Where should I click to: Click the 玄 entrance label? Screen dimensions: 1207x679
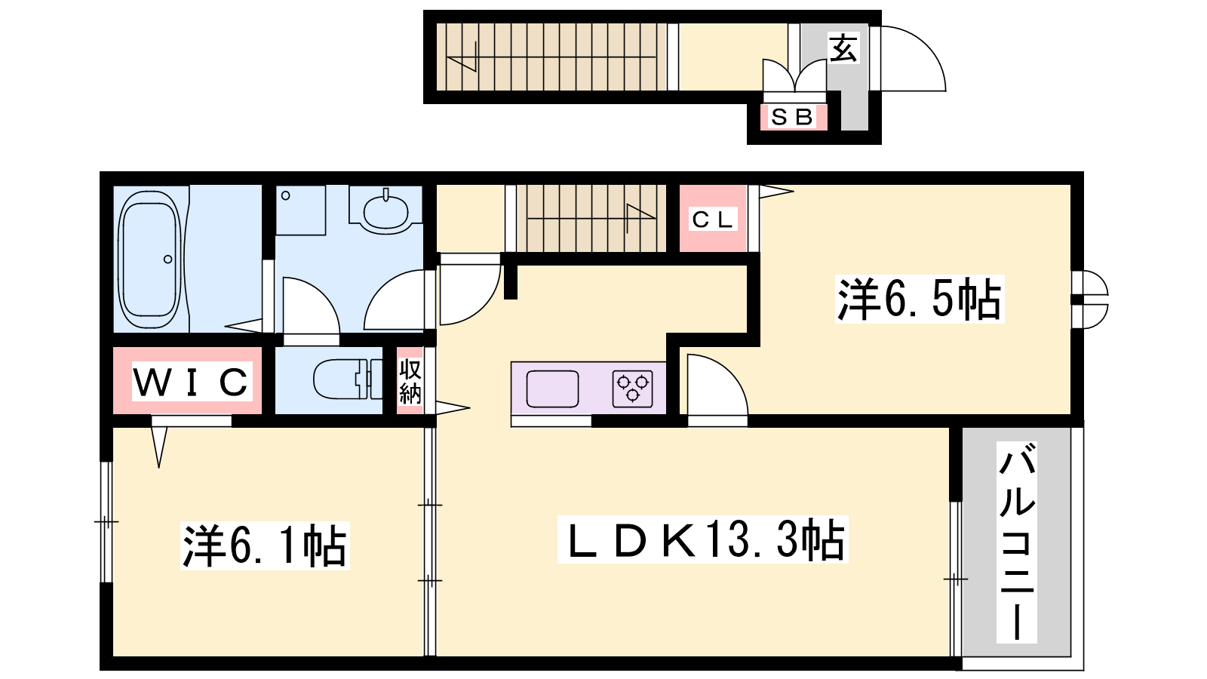click(843, 48)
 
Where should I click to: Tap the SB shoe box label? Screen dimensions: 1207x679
click(792, 117)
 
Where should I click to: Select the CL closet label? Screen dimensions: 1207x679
click(712, 220)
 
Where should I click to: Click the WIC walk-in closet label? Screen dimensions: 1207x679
click(192, 382)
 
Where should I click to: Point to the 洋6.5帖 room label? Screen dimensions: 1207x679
click(920, 299)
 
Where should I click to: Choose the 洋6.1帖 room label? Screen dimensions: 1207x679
click(265, 545)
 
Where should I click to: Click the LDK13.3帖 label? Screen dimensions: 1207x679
click(702, 539)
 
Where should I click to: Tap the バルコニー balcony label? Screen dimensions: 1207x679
click(1017, 542)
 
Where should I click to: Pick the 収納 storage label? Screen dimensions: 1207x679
click(410, 381)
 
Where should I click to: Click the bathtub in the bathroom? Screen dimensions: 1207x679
click(150, 260)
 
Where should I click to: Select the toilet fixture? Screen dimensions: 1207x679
click(348, 379)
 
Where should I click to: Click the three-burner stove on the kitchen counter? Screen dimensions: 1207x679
click(633, 388)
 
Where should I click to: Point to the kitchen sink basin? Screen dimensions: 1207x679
click(552, 389)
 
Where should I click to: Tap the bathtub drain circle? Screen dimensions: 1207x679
click(168, 260)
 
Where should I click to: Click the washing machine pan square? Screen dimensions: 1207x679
click(301, 210)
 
